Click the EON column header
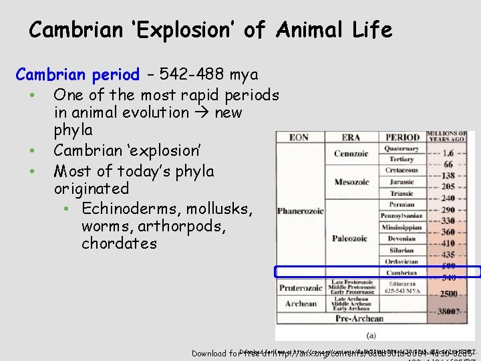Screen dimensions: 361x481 pos(299,138)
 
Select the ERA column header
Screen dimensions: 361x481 pos(351,138)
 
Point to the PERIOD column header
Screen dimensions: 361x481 pos(402,138)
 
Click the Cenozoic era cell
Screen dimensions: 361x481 pos(351,154)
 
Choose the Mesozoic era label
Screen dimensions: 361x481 pos(351,182)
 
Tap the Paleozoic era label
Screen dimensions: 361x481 pos(351,238)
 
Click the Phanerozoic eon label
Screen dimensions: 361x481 pos(301,211)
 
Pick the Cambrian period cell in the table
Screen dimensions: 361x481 pos(402,272)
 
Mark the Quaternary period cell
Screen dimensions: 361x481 pos(402,149)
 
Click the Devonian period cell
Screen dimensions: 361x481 pos(402,238)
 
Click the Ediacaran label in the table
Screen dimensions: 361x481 pos(402,283)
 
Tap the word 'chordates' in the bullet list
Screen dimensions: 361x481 pos(119,244)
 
